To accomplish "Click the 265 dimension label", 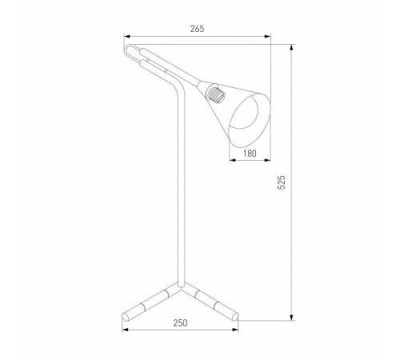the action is (197, 29).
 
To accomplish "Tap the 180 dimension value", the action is (250, 154).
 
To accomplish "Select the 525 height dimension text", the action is (282, 182).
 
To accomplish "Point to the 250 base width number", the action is (180, 323).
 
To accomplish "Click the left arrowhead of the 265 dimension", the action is (127, 37).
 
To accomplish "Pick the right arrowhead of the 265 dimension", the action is (267, 37).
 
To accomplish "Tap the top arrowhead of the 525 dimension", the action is (292, 48).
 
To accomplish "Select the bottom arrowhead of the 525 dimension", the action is (292, 317).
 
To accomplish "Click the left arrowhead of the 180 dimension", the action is (233, 160).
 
